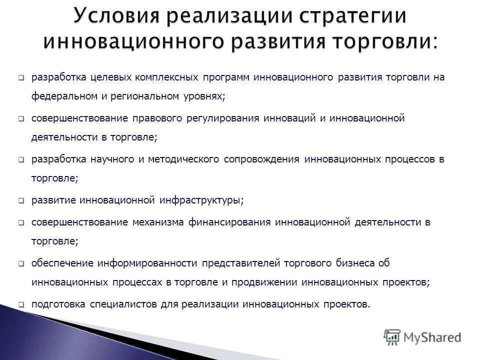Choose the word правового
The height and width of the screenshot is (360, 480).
point(158,118)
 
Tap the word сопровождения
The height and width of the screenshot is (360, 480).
point(261,159)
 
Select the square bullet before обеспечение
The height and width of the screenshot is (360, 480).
point(21,263)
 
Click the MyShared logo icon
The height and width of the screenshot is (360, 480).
point(392,337)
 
